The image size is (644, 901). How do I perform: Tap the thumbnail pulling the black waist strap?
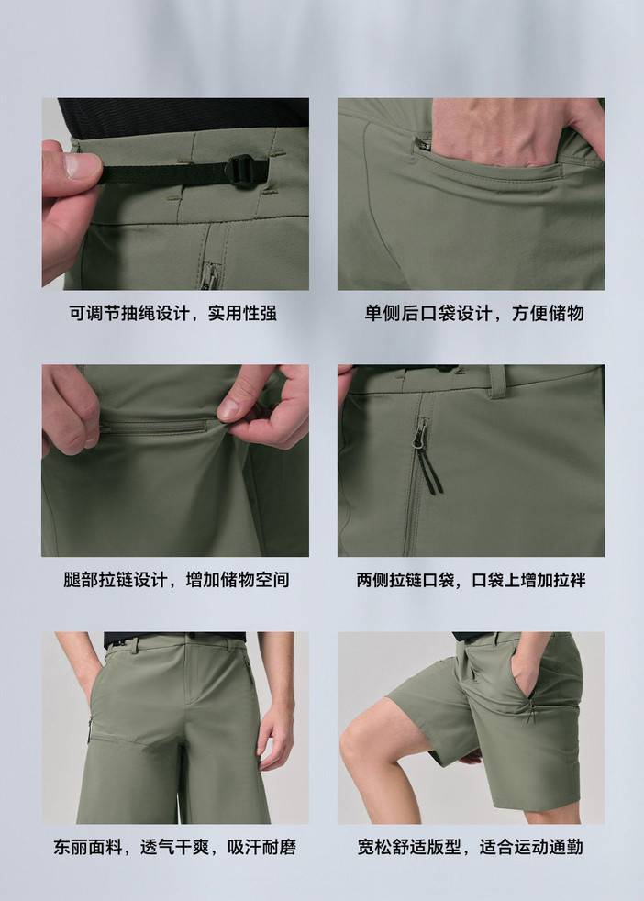tap(82, 165)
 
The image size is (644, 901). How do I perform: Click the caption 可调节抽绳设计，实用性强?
tap(173, 313)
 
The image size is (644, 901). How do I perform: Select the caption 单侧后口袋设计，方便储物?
tap(474, 313)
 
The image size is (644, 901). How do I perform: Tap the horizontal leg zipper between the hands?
tap(154, 427)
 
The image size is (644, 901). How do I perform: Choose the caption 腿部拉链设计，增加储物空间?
tap(176, 580)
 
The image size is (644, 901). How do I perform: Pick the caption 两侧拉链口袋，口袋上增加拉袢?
tap(472, 580)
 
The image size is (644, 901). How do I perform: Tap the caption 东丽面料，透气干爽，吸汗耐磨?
tap(174, 847)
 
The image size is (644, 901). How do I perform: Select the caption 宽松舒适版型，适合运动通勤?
tap(471, 847)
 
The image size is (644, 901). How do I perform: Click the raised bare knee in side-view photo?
tap(359, 742)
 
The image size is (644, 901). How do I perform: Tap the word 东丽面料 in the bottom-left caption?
tap(88, 847)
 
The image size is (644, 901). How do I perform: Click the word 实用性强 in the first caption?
tap(242, 313)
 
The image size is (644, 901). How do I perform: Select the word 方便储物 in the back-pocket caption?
tap(549, 313)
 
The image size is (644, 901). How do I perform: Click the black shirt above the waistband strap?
tap(183, 117)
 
